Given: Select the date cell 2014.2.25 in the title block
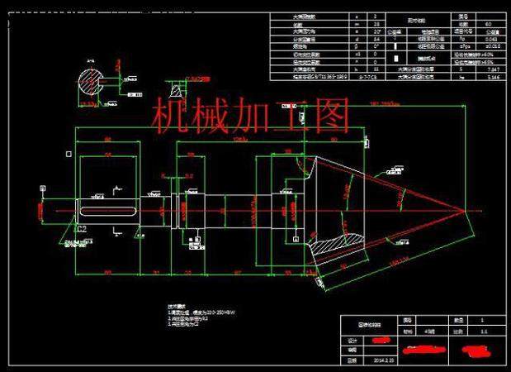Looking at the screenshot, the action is click(386, 360).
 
